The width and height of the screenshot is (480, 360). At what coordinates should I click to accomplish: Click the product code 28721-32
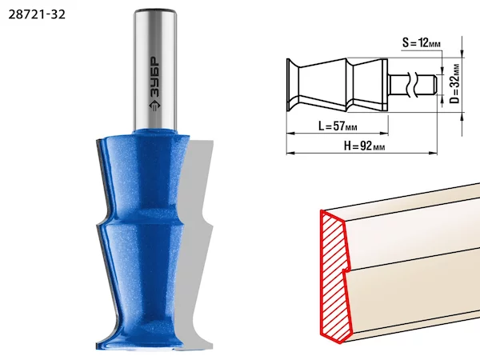click(x=37, y=14)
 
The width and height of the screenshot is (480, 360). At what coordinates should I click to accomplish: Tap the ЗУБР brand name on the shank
click(x=154, y=77)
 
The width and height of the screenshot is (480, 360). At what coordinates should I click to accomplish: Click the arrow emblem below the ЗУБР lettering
click(x=154, y=105)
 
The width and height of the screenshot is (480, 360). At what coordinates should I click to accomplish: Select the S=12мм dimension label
click(x=422, y=43)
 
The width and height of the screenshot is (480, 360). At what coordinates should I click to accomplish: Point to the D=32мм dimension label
click(x=455, y=83)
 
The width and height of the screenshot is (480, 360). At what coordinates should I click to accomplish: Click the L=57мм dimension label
click(x=338, y=126)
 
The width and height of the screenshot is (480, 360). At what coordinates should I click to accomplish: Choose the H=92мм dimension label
click(x=364, y=146)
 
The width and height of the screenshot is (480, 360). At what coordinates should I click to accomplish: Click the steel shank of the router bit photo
click(x=155, y=70)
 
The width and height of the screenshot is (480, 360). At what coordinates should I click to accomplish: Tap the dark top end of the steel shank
click(x=155, y=11)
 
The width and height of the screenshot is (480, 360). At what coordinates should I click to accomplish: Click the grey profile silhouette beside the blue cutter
click(x=196, y=245)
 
